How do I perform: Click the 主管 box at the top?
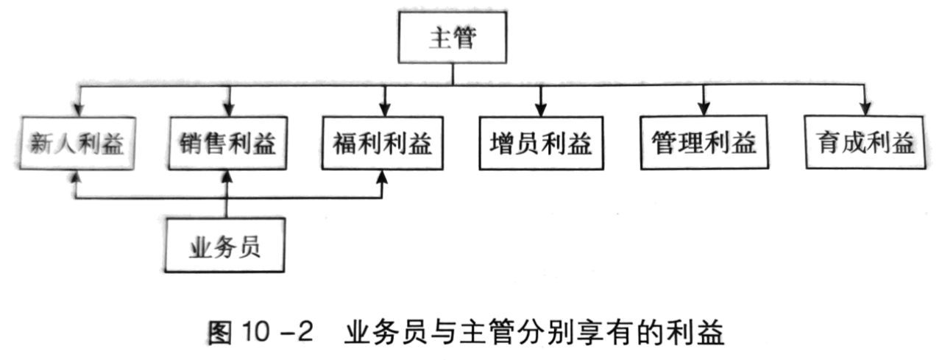(x=453, y=38)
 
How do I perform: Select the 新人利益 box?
(x=77, y=144)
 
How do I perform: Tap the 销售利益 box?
(x=228, y=144)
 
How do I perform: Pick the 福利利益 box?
(x=382, y=143)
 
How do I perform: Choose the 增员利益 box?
(x=541, y=143)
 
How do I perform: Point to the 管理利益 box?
(x=704, y=142)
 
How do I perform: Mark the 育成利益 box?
(x=865, y=142)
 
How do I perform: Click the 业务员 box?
(x=224, y=245)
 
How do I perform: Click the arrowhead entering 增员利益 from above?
(x=541, y=110)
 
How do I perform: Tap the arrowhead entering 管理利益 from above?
(x=704, y=108)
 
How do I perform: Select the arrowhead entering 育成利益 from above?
(x=865, y=108)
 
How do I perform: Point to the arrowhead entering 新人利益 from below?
(x=75, y=177)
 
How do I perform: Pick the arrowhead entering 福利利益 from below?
(x=382, y=177)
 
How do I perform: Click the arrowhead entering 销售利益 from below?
(x=227, y=177)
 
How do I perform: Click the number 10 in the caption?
(x=255, y=332)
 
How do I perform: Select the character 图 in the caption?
(x=220, y=333)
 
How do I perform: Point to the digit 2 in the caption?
(x=305, y=332)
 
